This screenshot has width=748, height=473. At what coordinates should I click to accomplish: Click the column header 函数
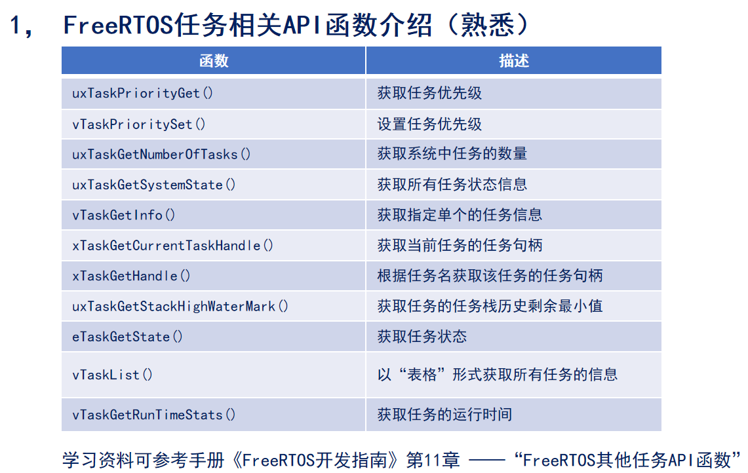coord(214,61)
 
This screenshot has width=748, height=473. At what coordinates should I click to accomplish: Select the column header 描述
coord(513,61)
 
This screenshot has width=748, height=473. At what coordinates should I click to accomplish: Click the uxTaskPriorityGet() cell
coord(143,93)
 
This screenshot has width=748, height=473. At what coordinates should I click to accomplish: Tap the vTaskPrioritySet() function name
coord(139,124)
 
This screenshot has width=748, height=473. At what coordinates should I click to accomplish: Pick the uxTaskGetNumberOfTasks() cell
coord(161,154)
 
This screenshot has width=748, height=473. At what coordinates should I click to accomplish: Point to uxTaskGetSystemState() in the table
coord(154,185)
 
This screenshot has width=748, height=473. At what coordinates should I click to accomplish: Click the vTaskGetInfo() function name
coord(124,215)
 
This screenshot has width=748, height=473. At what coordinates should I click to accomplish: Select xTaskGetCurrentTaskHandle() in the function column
coord(172,246)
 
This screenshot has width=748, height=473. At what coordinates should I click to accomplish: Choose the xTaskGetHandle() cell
coord(131,276)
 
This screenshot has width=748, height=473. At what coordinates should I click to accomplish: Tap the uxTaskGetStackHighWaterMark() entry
coord(180,306)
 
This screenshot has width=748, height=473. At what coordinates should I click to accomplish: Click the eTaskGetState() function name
coord(127,337)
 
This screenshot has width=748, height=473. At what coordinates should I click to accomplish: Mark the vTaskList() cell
coord(112,375)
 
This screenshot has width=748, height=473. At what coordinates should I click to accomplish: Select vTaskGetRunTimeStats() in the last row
coord(154,414)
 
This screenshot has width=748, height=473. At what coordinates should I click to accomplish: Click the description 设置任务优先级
coord(429,124)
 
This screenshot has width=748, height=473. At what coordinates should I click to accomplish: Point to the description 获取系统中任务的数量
coord(452,154)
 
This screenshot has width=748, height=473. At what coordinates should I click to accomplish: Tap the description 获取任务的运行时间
coord(444,414)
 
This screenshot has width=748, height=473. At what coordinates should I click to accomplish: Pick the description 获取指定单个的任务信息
coord(460,215)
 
